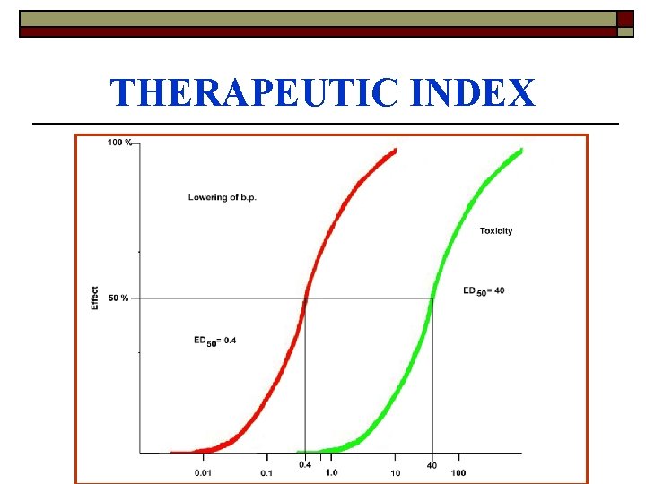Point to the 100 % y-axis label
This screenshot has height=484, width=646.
tap(119, 143)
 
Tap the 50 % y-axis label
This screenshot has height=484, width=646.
tap(118, 298)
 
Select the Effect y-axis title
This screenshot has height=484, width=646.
tap(95, 298)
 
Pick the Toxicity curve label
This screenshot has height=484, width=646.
tap(496, 231)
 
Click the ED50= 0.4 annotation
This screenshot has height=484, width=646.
tap(215, 340)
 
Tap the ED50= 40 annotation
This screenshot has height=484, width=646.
tap(484, 290)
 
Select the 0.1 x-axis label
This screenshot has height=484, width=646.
tap(267, 472)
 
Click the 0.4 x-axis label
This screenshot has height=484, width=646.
tap(305, 464)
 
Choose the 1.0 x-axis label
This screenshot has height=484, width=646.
tap(331, 472)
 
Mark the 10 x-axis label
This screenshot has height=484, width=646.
tap(395, 472)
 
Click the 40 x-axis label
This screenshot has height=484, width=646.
tap(432, 464)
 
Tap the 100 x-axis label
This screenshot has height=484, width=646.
tap(458, 472)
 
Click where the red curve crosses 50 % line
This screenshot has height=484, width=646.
tap(306, 298)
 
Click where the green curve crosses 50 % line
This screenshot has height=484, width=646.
tap(432, 298)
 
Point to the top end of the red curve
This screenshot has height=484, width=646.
tap(395, 150)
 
